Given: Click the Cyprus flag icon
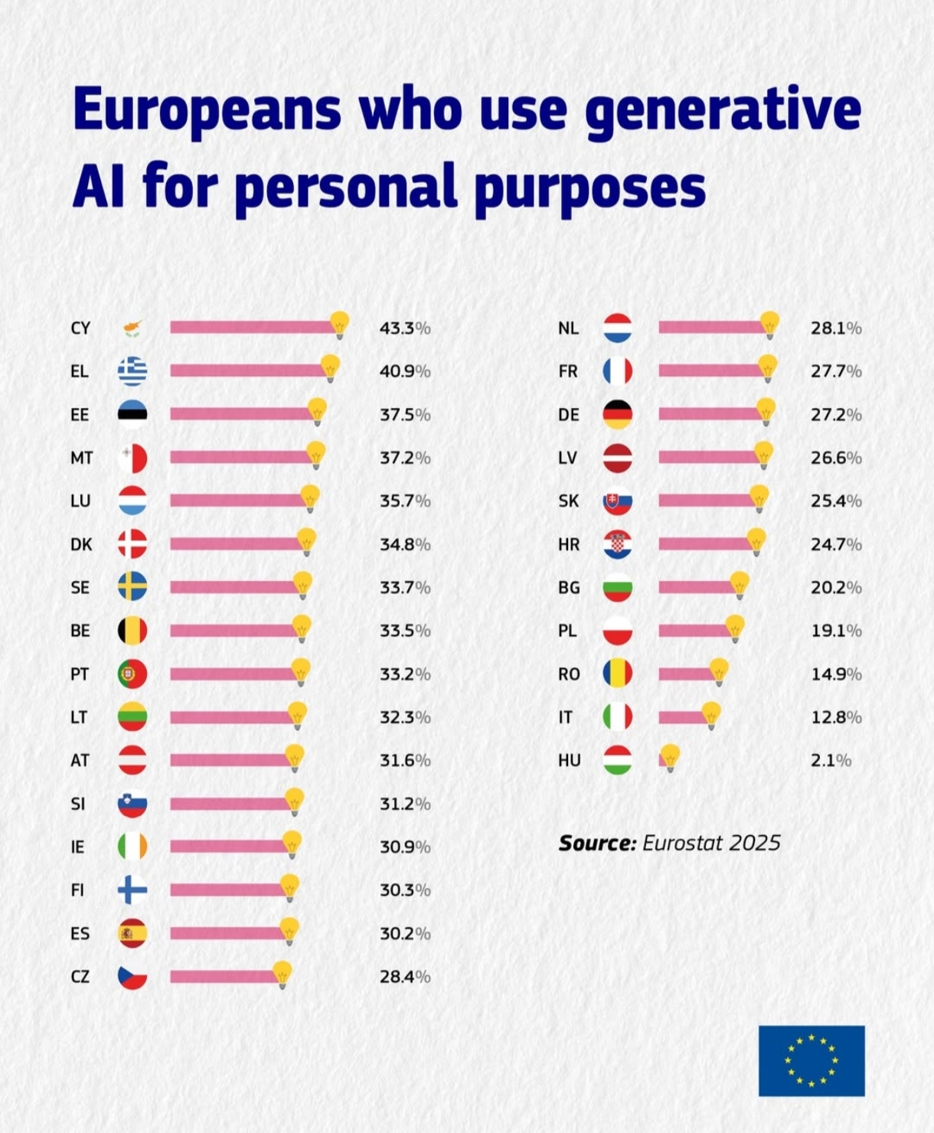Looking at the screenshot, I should click(x=132, y=328).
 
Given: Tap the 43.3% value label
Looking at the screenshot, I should click(x=405, y=328).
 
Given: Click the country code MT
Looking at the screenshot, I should click(x=81, y=458).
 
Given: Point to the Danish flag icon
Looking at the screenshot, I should click(x=132, y=544).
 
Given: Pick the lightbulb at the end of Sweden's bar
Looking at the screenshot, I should click(x=303, y=585).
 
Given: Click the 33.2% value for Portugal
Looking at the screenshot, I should click(x=405, y=674).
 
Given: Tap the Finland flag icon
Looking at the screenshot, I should click(x=132, y=890).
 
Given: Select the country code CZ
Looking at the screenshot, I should click(x=80, y=977).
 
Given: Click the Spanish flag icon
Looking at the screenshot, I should click(x=132, y=933).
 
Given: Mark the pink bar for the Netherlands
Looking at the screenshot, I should click(x=710, y=328).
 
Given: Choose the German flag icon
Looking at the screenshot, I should click(x=618, y=414).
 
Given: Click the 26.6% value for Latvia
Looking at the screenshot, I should click(x=836, y=458).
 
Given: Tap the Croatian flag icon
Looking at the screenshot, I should click(x=618, y=544).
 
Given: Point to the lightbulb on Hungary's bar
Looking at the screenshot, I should click(x=670, y=757).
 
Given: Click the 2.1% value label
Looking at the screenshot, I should click(x=831, y=761).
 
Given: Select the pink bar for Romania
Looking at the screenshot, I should click(x=685, y=674).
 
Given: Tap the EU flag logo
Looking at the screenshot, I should click(x=812, y=1061).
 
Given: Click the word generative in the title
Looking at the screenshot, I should click(x=723, y=109).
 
